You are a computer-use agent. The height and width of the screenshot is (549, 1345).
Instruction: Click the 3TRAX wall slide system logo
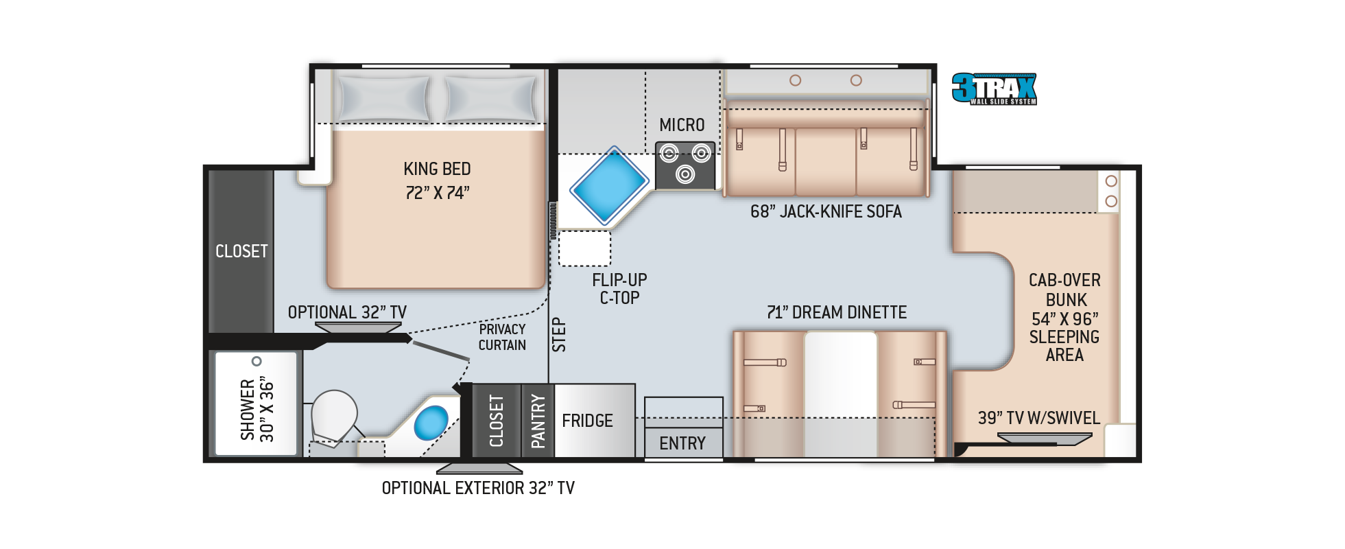(994, 89)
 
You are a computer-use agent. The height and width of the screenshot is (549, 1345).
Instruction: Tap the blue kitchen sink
(608, 185)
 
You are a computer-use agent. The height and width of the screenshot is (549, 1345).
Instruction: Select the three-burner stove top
(685, 165)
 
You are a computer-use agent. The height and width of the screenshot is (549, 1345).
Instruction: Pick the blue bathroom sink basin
(431, 423)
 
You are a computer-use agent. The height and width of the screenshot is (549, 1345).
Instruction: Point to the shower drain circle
(257, 361)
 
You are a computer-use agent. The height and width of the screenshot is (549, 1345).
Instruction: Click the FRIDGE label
(587, 421)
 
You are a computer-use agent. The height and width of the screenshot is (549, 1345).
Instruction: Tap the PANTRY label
(538, 421)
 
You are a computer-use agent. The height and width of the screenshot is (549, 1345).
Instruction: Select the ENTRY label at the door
(682, 443)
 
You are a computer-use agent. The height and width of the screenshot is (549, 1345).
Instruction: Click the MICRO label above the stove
(682, 125)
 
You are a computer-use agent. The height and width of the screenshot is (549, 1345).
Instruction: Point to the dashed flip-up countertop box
(584, 248)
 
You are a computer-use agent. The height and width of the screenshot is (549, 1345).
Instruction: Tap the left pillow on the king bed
(384, 99)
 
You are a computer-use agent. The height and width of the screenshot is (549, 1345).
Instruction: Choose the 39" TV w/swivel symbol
(1043, 439)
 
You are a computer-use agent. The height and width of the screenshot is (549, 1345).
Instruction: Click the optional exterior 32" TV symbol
(479, 469)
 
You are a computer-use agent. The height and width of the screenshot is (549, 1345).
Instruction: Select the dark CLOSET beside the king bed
(241, 251)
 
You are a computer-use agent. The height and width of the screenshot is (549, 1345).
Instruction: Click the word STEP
(559, 335)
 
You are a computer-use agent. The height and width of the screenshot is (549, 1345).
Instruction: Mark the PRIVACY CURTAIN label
(502, 337)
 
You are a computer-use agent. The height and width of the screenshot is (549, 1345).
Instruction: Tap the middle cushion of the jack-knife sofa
(826, 161)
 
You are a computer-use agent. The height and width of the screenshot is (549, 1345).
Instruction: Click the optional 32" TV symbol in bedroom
(358, 327)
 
